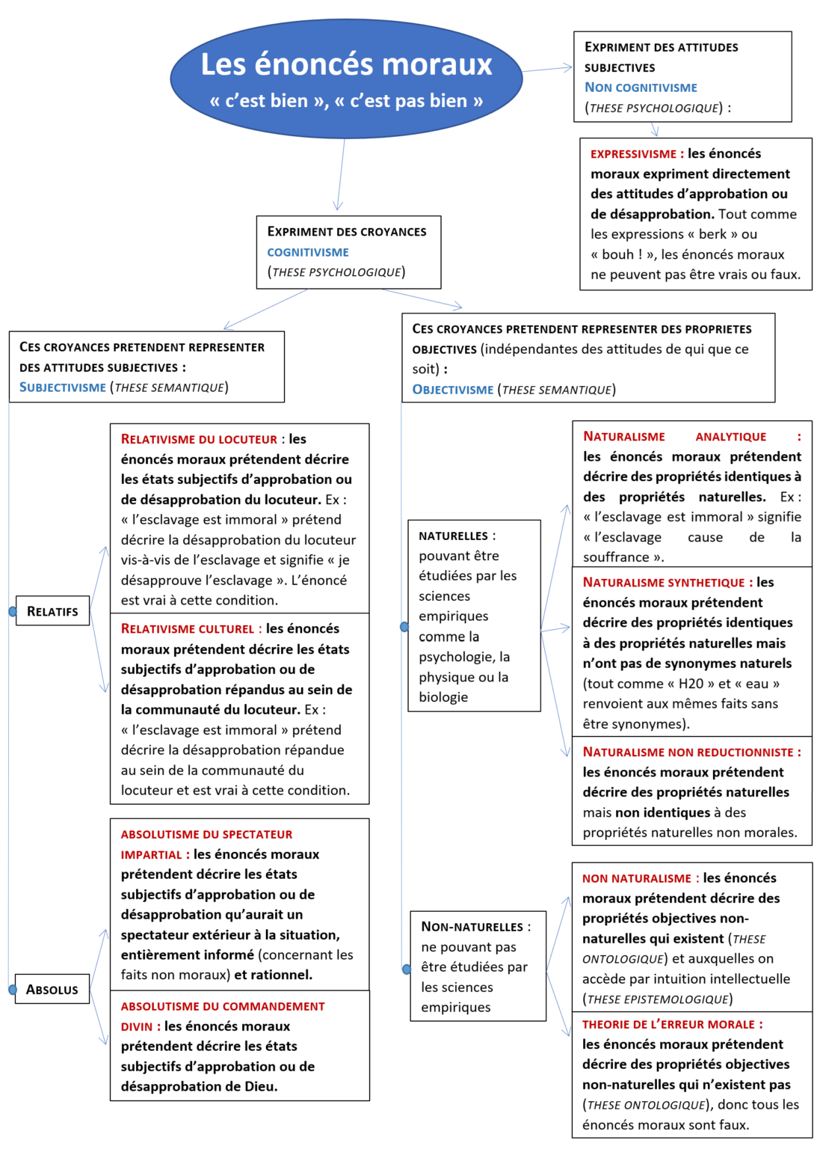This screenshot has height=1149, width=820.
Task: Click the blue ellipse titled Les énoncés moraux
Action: point(346,79)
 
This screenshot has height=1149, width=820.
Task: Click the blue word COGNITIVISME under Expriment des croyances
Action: point(308,253)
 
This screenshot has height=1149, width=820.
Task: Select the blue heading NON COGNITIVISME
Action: point(641,88)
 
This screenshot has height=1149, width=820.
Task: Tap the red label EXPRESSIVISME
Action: point(633,154)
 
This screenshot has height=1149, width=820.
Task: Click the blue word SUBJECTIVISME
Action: point(63,387)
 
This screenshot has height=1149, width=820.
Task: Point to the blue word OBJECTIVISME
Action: point(453,390)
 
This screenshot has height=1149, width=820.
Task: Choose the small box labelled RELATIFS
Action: point(52,611)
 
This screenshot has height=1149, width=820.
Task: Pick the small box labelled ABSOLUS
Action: point(52,990)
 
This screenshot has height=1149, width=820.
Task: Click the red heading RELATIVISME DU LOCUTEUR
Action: point(199,440)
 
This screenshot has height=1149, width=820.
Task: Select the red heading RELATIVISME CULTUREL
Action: point(188,629)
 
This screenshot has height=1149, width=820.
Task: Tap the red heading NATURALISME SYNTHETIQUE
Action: point(664,583)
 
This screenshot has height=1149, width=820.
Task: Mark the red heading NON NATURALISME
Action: point(637,879)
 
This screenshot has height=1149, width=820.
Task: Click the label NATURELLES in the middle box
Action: point(453,536)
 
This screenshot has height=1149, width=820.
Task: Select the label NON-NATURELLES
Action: point(472,927)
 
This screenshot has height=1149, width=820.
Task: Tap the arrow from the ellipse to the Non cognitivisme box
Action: point(547,69)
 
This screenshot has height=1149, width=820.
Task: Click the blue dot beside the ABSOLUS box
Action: point(13,990)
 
